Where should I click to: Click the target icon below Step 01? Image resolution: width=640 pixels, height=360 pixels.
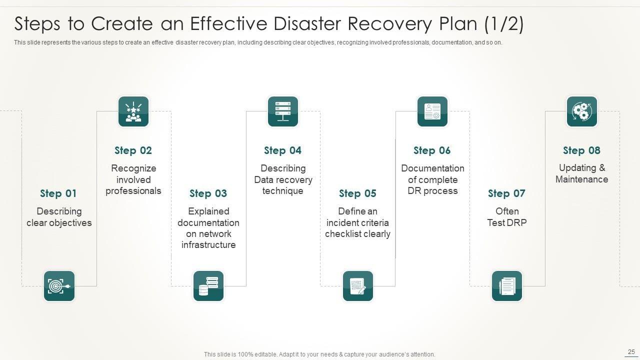pyautogui.click(x=59, y=286)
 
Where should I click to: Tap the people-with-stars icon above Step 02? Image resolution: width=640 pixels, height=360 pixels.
pyautogui.click(x=133, y=111)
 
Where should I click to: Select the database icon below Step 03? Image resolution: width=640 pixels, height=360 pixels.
pyautogui.click(x=208, y=286)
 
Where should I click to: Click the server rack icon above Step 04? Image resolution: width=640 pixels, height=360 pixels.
pyautogui.click(x=283, y=111)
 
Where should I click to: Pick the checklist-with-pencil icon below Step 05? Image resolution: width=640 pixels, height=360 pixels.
pyautogui.click(x=358, y=286)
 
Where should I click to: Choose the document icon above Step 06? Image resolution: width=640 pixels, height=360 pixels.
pyautogui.click(x=432, y=111)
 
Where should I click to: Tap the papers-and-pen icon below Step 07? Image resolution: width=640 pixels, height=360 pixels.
pyautogui.click(x=507, y=286)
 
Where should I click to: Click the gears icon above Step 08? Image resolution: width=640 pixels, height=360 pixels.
pyautogui.click(x=582, y=111)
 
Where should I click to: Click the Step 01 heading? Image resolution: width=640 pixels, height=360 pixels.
pyautogui.click(x=58, y=193)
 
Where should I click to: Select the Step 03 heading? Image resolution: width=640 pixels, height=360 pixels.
pyautogui.click(x=208, y=193)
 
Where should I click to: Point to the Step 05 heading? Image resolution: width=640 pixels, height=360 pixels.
pyautogui.click(x=357, y=193)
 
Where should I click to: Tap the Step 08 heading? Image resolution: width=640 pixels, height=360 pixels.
pyautogui.click(x=581, y=150)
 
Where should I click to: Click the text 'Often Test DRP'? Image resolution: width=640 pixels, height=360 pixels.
pyautogui.click(x=507, y=217)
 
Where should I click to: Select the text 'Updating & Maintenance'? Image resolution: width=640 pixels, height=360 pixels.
pyautogui.click(x=581, y=173)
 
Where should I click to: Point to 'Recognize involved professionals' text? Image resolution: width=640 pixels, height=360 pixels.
pyautogui.click(x=133, y=179)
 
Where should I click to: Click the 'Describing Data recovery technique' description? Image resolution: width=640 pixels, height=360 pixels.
pyautogui.click(x=283, y=179)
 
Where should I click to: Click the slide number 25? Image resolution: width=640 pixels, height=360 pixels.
pyautogui.click(x=630, y=352)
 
